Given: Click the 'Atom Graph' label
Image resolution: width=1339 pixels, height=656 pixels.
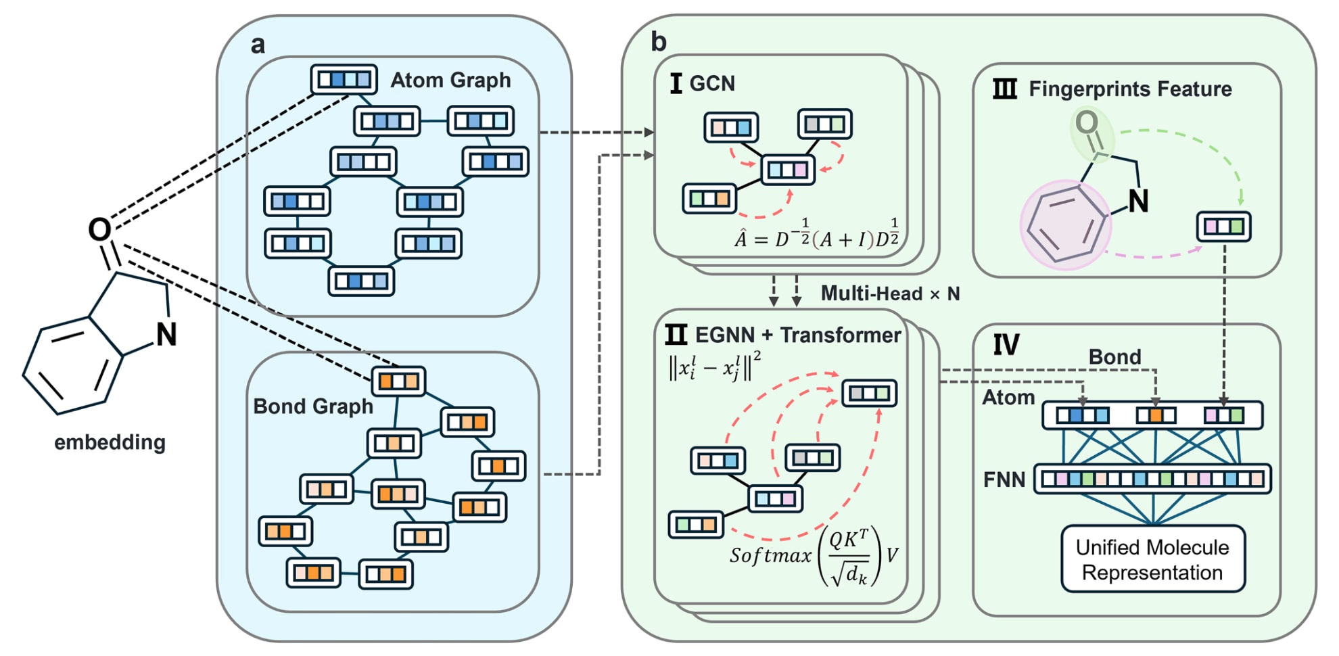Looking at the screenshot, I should pos(450,80).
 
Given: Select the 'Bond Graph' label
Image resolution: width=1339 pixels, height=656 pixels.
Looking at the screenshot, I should pos(313,406).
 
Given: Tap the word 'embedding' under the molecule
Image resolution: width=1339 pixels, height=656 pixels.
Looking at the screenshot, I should pos(110,442).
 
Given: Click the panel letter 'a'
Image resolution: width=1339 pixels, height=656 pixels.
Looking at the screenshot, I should pos(258,45).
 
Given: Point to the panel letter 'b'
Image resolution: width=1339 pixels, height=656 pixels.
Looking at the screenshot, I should pos(658,42).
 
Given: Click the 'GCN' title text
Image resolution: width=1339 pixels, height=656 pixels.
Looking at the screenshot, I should pos(712,83).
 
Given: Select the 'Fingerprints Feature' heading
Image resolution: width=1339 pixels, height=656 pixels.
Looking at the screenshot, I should pos(1130,89).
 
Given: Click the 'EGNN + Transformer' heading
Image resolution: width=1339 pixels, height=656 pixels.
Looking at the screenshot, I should pos(798,335).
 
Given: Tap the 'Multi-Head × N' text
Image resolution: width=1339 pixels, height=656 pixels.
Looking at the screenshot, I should pos(890,294).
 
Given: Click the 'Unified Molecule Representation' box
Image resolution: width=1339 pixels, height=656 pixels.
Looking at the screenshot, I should pos(1152,559).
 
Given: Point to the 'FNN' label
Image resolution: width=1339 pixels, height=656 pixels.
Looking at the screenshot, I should pos(1004,480).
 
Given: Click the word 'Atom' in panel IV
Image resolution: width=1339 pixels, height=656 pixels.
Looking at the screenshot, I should pos(1008,398).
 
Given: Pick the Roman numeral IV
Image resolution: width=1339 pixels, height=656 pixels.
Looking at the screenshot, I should pos(1006,346).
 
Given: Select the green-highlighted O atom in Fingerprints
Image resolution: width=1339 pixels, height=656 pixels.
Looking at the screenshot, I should pos(1087,124).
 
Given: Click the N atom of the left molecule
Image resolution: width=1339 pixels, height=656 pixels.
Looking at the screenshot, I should pos(166,335).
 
